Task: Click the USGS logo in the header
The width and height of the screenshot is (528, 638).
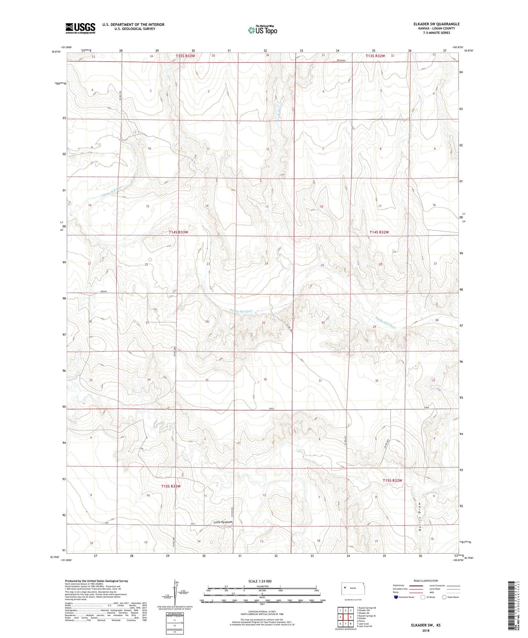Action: click(x=80, y=28)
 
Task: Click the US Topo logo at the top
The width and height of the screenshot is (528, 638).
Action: click(x=262, y=30)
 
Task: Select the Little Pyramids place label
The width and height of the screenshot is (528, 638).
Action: click(x=223, y=522)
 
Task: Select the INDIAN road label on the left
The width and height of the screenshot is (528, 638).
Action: click(x=103, y=291)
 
